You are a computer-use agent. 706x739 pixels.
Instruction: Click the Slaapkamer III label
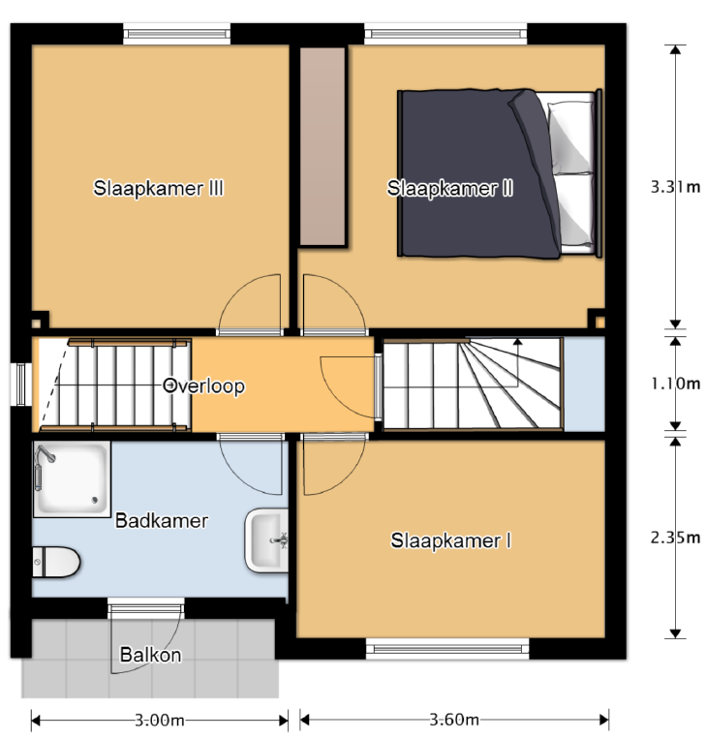[159, 188]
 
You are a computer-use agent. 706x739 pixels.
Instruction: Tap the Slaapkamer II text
[449, 188]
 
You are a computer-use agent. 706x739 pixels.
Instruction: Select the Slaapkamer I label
[450, 540]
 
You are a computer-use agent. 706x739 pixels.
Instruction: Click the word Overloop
[204, 385]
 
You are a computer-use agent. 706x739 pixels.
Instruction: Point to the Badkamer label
[162, 521]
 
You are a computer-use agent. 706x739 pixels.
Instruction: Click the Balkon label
[150, 655]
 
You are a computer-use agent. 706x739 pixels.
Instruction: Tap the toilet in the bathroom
[55, 561]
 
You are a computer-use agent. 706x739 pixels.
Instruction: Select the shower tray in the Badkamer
[72, 479]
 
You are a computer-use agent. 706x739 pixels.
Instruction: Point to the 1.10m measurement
[675, 384]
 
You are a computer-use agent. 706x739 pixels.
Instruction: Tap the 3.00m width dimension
[159, 720]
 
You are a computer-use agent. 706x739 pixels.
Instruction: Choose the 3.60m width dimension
[453, 720]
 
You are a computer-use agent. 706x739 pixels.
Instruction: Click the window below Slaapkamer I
[447, 647]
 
